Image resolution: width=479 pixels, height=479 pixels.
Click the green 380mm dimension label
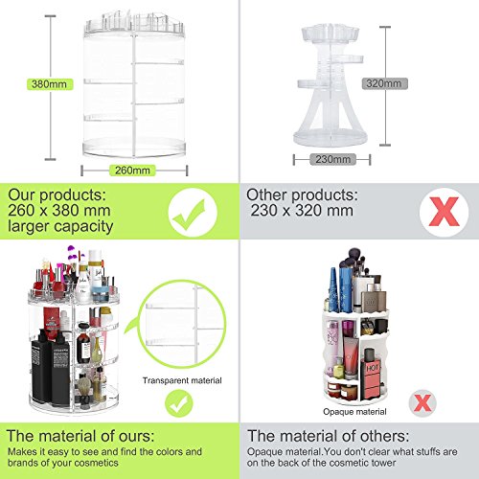(x=50, y=84)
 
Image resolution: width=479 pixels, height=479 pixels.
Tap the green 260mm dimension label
(x=132, y=171)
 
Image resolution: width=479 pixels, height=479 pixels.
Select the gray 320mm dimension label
(x=384, y=83)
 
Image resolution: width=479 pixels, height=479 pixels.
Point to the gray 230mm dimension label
(x=332, y=159)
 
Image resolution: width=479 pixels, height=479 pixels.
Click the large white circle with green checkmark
(x=193, y=213)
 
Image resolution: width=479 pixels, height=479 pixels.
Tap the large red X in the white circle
(x=444, y=212)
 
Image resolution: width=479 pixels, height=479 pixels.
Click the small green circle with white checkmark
(x=179, y=403)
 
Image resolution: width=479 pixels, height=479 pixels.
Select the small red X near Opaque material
(x=422, y=403)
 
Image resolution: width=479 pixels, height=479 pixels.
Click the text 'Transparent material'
(x=182, y=380)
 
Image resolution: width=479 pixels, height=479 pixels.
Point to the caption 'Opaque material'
(x=354, y=412)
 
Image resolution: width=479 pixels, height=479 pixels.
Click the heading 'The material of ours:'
(x=80, y=436)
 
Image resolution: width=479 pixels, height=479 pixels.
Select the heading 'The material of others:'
(x=328, y=436)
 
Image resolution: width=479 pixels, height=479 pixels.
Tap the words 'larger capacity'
(x=60, y=226)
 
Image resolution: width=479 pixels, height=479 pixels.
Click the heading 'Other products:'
(x=302, y=194)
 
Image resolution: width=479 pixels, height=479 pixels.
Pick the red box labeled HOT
(x=373, y=379)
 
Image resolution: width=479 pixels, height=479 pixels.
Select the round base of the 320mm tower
(x=331, y=138)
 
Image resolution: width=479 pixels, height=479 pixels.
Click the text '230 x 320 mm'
(x=302, y=211)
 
